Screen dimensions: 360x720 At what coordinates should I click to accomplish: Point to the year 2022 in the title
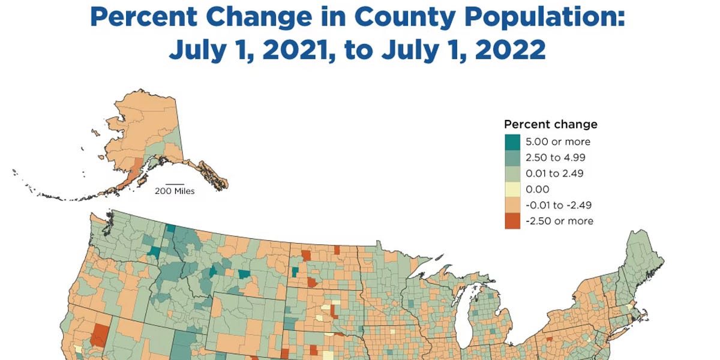click(x=503, y=50)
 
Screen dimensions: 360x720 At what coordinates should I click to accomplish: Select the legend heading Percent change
click(x=550, y=125)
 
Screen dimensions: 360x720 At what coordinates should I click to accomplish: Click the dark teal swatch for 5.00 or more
click(x=512, y=142)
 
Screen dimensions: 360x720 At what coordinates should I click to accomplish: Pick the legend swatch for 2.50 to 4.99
click(x=512, y=158)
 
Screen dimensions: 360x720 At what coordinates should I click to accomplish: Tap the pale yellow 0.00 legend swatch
click(x=512, y=190)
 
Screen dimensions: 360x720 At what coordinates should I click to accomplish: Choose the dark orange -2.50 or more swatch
click(x=512, y=221)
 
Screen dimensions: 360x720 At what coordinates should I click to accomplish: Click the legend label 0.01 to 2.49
click(x=554, y=174)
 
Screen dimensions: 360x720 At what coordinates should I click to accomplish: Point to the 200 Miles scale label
click(x=175, y=191)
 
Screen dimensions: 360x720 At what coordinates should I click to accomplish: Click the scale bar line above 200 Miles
click(x=175, y=184)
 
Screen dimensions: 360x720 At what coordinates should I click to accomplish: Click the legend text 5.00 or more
click(x=557, y=142)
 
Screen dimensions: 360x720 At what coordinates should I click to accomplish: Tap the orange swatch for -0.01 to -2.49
click(x=512, y=205)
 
